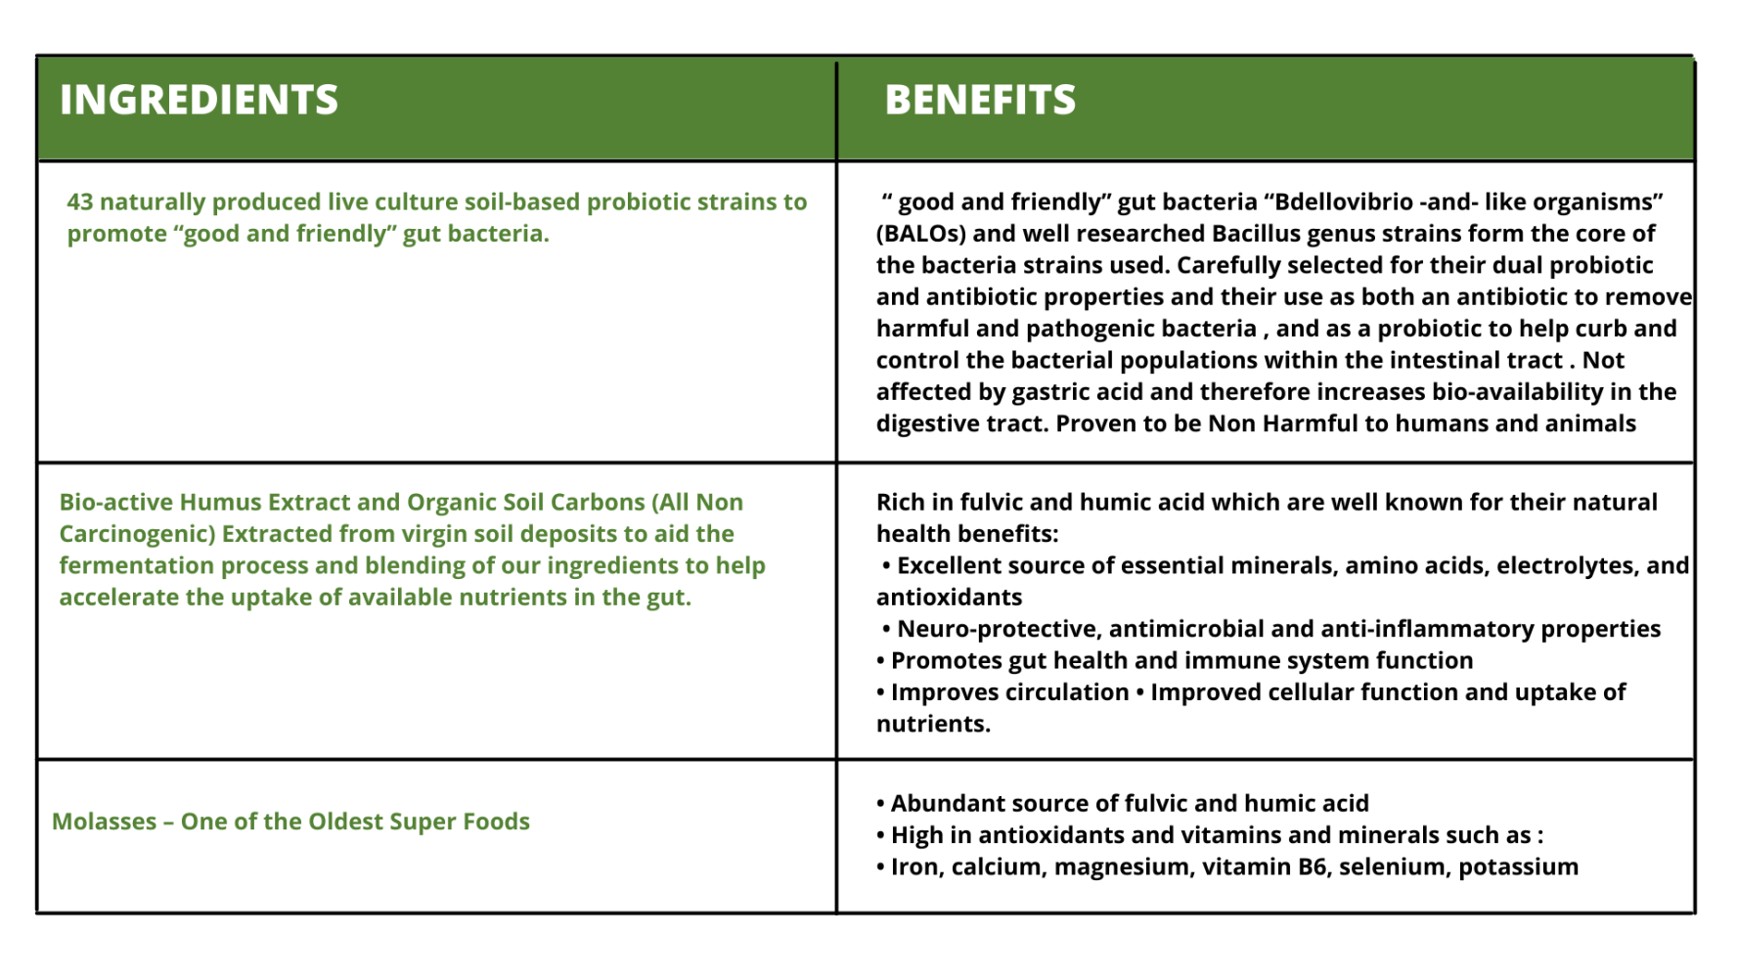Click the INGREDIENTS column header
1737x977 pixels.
click(x=199, y=100)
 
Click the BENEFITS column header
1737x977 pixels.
click(x=980, y=100)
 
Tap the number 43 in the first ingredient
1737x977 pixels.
click(x=80, y=201)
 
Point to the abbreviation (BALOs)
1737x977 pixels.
click(x=921, y=234)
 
